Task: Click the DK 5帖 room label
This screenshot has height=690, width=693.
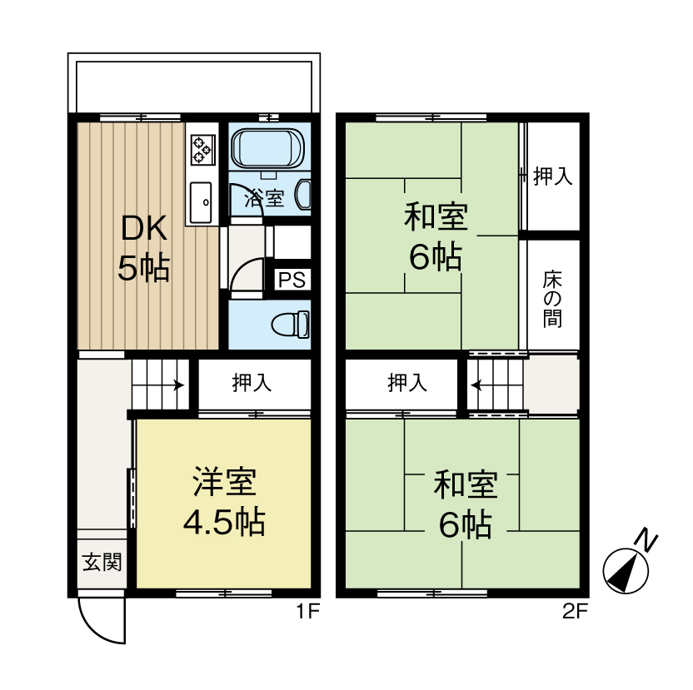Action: click(143, 248)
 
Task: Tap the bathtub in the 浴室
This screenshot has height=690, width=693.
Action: click(268, 148)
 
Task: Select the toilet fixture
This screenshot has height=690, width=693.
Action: click(291, 325)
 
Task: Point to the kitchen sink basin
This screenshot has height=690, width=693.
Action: click(201, 203)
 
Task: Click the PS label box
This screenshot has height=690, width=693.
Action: click(292, 279)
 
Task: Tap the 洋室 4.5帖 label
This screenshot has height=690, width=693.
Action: click(225, 501)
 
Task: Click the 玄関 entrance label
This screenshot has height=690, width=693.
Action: click(102, 563)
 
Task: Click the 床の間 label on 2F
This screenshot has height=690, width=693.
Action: click(552, 299)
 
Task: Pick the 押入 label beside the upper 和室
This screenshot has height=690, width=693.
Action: click(553, 176)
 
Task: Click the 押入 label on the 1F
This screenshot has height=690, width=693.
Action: click(252, 383)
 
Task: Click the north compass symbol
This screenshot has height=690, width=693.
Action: click(630, 564)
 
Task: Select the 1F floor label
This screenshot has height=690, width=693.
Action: click(307, 612)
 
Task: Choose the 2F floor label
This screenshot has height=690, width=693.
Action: click(575, 612)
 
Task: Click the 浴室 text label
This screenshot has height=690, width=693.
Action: click(264, 198)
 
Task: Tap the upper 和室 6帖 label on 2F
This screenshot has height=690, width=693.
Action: click(436, 236)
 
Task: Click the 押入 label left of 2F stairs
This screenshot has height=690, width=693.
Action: click(407, 383)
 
